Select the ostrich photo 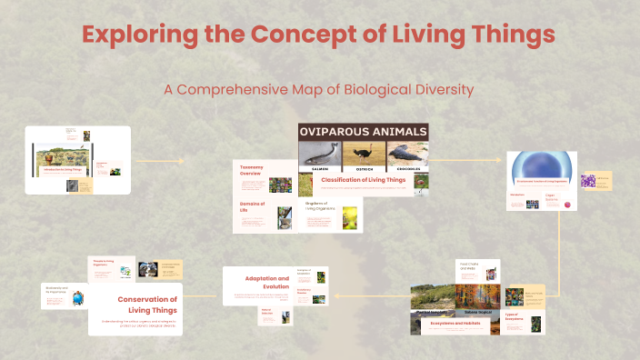point(364,155)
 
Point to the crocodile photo point(405,155)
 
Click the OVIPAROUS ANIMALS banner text point(363,132)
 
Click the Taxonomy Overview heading point(251,171)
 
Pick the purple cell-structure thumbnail point(588,180)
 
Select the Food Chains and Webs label point(469,266)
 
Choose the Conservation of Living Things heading point(145,304)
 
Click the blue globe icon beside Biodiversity point(77,295)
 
